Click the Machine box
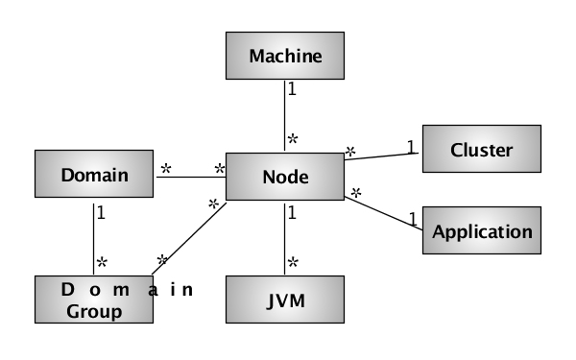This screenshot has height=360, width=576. click(x=284, y=57)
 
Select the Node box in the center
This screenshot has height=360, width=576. click(x=284, y=177)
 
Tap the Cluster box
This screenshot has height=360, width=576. click(x=481, y=150)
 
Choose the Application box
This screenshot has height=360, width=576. click(x=481, y=231)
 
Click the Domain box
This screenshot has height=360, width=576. click(x=93, y=175)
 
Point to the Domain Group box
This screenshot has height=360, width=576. click(x=93, y=299)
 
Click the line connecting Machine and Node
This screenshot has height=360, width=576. click(x=284, y=115)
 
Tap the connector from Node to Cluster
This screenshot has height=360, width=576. click(x=384, y=156)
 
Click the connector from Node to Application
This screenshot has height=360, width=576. click(x=384, y=213)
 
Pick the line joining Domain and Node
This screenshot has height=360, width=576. click(x=189, y=177)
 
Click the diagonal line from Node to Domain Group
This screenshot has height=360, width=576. click(x=192, y=237)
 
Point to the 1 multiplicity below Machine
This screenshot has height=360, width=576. click(x=293, y=88)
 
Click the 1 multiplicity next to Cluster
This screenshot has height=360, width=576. click(x=410, y=147)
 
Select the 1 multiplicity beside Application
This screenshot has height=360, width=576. click(x=413, y=219)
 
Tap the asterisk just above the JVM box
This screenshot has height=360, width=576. click(x=294, y=262)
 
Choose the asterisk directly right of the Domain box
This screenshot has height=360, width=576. click(x=165, y=168)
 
